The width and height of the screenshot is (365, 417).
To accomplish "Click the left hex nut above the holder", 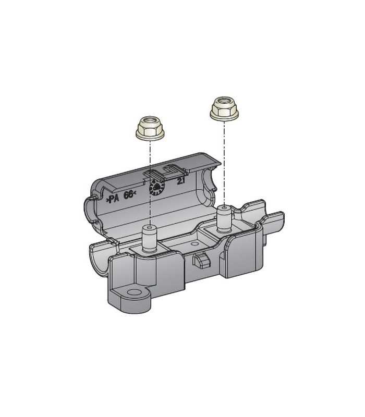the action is click(150, 128).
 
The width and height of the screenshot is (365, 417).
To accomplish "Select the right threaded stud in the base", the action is click(225, 218).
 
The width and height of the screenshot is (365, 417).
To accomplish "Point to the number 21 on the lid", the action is click(181, 181).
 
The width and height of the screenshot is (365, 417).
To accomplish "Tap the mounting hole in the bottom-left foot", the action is click(135, 292).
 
